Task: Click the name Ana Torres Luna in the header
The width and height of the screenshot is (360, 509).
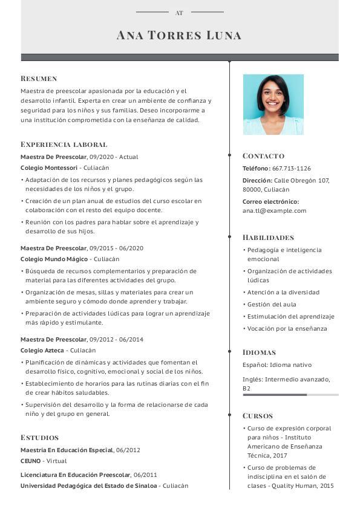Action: (x=179, y=35)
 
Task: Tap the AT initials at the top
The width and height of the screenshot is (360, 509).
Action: (x=179, y=13)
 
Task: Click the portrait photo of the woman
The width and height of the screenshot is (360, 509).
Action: (x=273, y=105)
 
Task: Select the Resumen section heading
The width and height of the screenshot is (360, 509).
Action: (x=39, y=79)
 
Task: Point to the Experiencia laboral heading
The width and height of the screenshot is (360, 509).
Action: (x=64, y=144)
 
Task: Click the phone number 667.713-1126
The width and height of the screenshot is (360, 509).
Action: (x=292, y=169)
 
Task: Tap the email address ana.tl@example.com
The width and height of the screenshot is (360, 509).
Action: (x=274, y=211)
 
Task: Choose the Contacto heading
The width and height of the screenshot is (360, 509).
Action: (x=263, y=156)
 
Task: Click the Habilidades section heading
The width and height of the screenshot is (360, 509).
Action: (x=268, y=238)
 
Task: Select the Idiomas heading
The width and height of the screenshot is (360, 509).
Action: (x=259, y=352)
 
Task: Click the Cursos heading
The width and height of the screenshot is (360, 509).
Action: (x=258, y=416)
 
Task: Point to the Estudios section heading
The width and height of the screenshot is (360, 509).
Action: (x=39, y=438)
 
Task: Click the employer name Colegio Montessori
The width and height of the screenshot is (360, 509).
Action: (x=49, y=168)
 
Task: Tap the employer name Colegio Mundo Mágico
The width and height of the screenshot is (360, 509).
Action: (x=54, y=259)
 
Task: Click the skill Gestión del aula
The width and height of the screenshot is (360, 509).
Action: (x=272, y=305)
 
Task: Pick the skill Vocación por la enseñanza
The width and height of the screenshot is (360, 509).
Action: (x=287, y=329)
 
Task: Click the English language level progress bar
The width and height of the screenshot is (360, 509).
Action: (x=290, y=395)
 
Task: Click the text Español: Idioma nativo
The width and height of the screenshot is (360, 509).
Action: (x=277, y=365)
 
